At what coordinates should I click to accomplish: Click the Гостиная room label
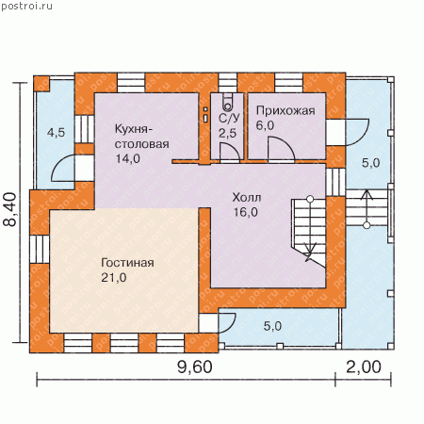tap(127, 263)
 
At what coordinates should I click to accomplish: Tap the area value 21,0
tap(114, 278)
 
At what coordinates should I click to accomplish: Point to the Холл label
tap(247, 198)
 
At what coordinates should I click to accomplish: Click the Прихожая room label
tap(285, 110)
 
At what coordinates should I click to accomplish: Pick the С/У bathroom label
tap(229, 118)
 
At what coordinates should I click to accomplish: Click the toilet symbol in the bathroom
tap(228, 102)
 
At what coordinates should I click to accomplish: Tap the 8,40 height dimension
tap(10, 209)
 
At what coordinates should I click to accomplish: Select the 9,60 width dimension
tap(195, 367)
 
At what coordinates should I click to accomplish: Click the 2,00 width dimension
tap(364, 367)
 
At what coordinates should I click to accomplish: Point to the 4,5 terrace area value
tap(56, 133)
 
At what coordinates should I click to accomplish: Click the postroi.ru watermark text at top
tap(26, 6)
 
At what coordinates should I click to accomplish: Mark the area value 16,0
tap(245, 212)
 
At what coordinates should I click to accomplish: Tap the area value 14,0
tap(128, 158)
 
